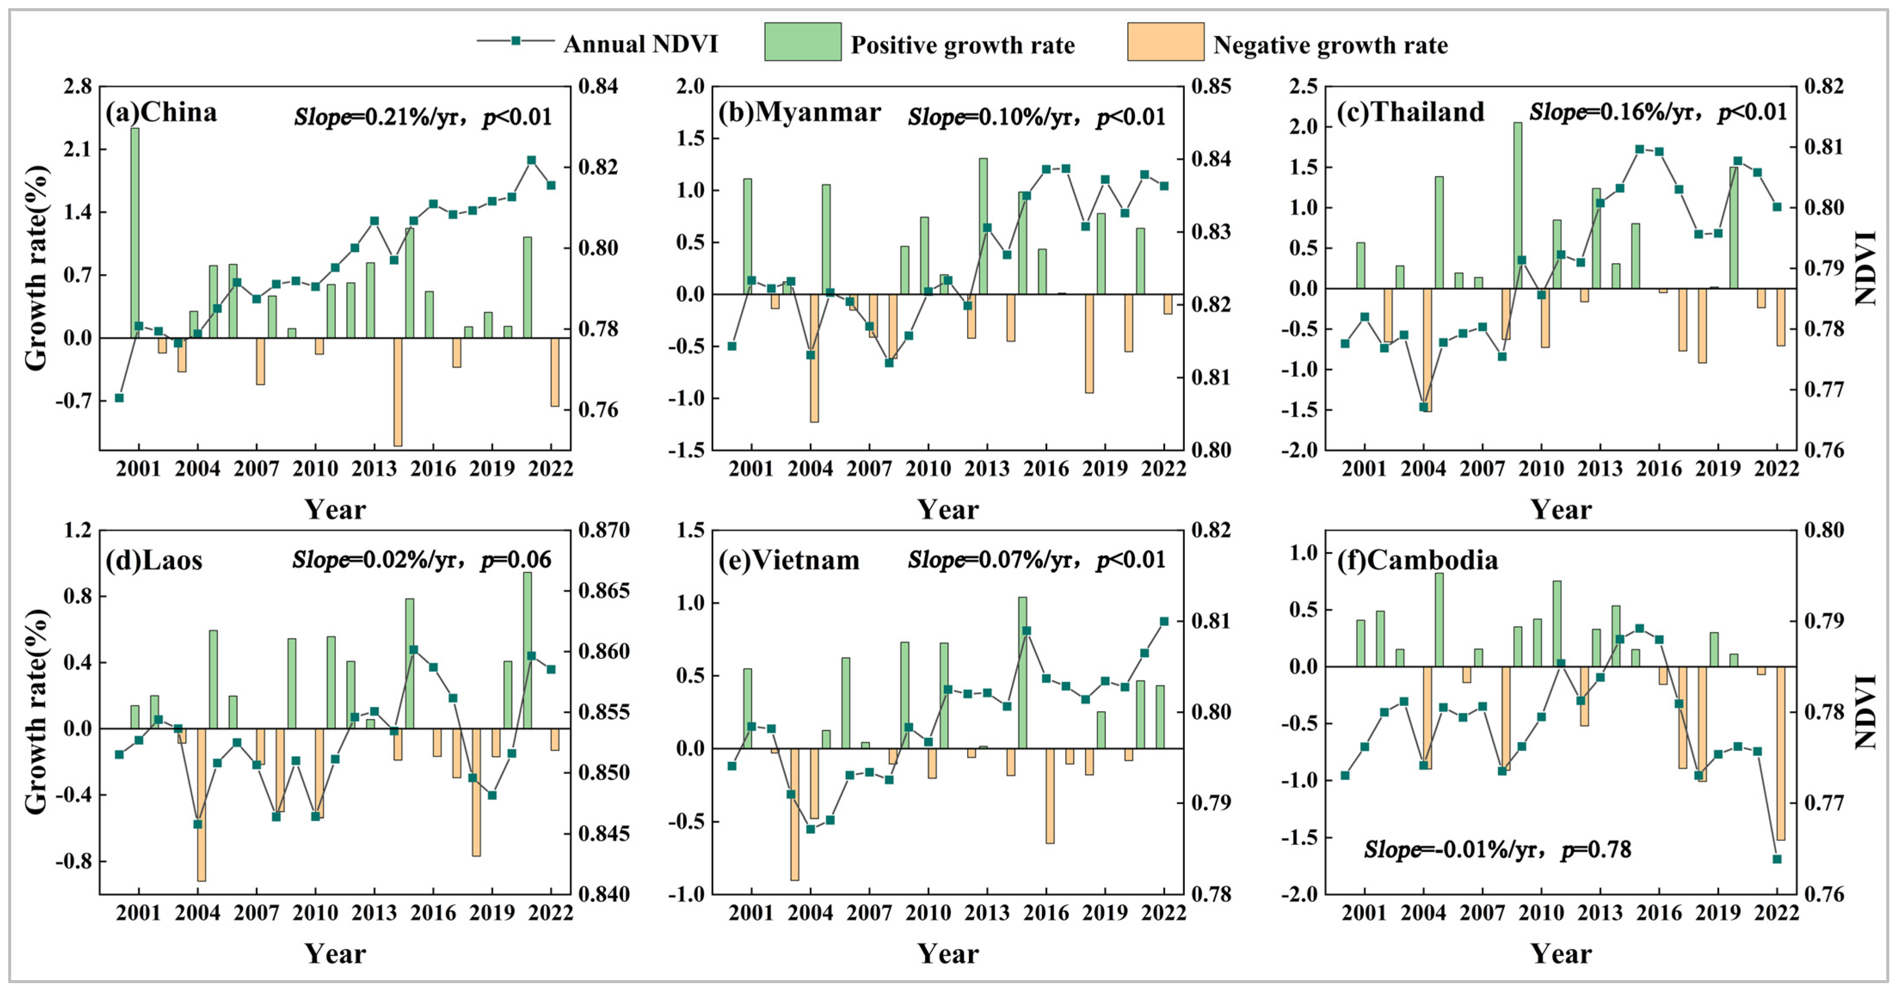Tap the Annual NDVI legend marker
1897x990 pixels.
516,41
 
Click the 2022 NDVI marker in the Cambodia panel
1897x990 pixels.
1776,859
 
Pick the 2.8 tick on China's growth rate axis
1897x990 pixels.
77,87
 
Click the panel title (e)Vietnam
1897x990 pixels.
789,560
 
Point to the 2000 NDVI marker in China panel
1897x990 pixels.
119,398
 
